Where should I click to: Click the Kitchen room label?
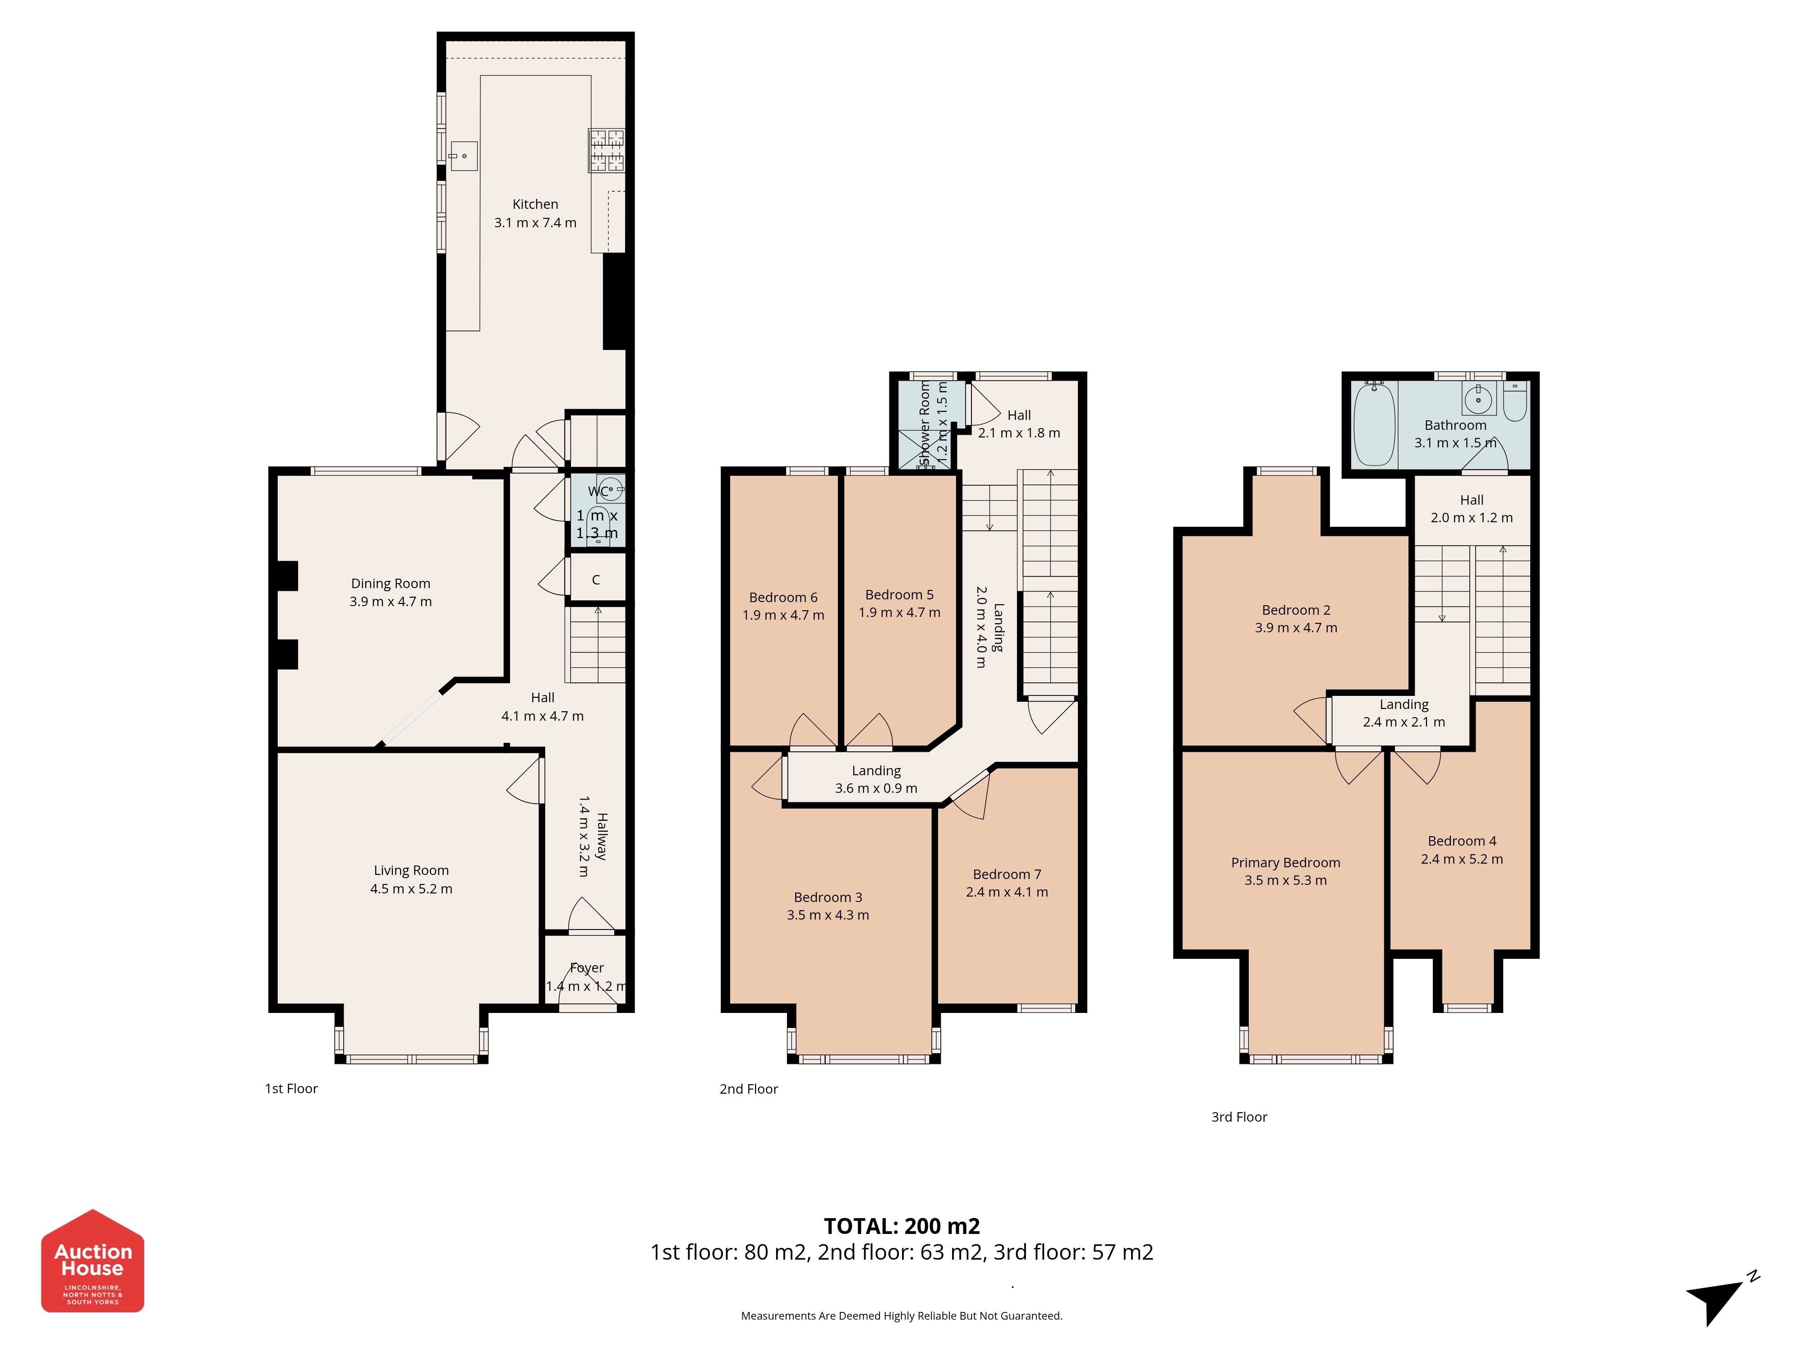[x=535, y=204]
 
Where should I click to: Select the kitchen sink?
[x=463, y=156]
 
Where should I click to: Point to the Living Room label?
[x=411, y=870]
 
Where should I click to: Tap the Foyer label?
[x=586, y=968]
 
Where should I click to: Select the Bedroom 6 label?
[x=783, y=598]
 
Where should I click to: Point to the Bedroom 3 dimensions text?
[x=828, y=915]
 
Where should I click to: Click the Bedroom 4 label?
[x=1462, y=841]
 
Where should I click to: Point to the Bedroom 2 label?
[x=1296, y=610]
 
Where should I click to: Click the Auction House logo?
[x=93, y=1260]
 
